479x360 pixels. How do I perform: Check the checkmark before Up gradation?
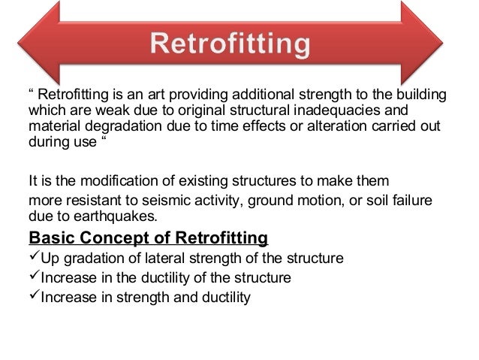click(33, 259)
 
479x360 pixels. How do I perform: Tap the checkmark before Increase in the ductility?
click(33, 277)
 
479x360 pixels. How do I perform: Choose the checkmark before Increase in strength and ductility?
click(33, 296)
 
